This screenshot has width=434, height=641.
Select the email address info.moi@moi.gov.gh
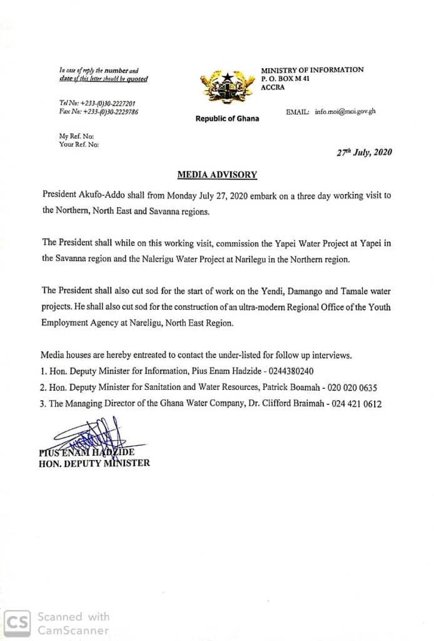point(345,111)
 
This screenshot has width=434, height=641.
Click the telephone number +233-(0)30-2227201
point(107,103)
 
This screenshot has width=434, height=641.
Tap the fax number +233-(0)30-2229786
point(108,111)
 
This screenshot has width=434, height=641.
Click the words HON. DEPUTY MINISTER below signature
point(94,464)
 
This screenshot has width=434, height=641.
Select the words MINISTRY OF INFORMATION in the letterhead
point(312,70)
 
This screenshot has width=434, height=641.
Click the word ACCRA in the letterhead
point(273,88)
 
